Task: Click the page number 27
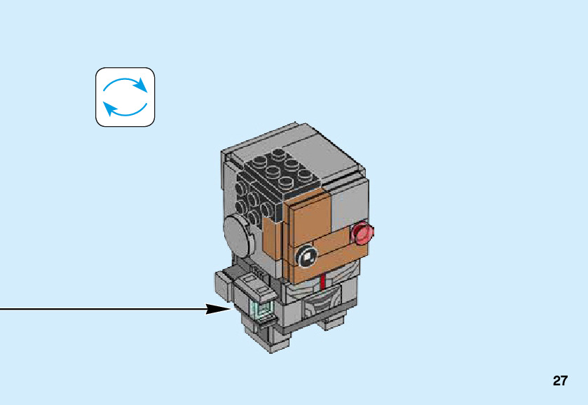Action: click(559, 381)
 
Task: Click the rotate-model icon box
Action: click(125, 97)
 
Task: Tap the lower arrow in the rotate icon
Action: click(123, 109)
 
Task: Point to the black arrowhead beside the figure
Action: click(218, 308)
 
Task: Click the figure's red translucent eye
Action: click(362, 233)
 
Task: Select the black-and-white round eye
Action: click(306, 258)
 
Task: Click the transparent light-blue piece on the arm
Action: click(261, 308)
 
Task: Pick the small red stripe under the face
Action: click(322, 282)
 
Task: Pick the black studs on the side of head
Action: click(252, 196)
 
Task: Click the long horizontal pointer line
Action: click(105, 308)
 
